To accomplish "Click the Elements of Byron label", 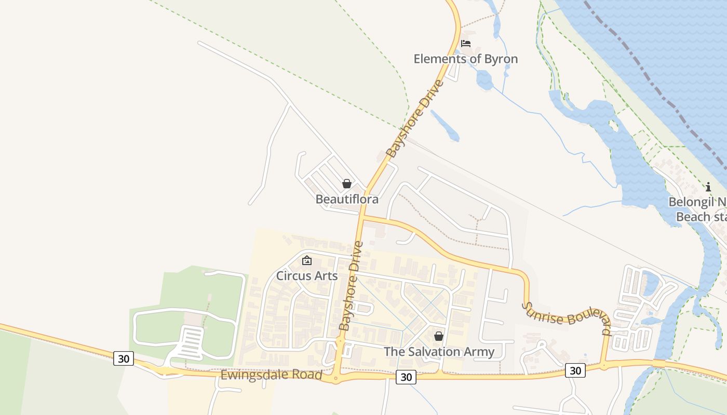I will click(465, 59).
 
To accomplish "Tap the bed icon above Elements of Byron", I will click(466, 44).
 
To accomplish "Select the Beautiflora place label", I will click(347, 199).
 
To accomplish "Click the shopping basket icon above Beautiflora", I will click(347, 184).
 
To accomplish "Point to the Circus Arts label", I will click(307, 275).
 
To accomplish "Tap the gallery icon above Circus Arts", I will click(307, 260).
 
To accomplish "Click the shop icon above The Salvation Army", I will click(439, 336).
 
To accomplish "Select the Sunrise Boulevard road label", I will click(566, 318).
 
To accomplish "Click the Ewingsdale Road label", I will click(272, 375).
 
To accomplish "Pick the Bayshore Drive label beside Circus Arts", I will click(351, 286).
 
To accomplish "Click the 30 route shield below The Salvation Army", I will click(406, 377).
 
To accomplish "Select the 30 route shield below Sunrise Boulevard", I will click(575, 370).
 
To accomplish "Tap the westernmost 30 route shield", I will click(124, 358).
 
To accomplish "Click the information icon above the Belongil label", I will click(708, 187).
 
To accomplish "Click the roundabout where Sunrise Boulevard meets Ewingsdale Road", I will click(603, 366).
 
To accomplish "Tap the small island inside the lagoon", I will click(613, 126).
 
